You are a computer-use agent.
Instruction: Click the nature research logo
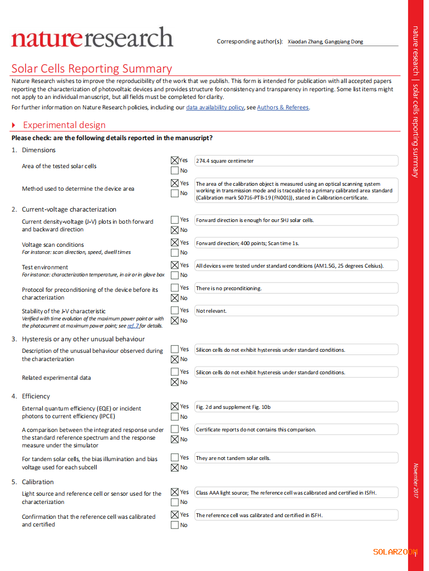(92, 38)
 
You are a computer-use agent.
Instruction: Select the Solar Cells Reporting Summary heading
(92, 69)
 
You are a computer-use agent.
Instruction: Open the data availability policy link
(215, 108)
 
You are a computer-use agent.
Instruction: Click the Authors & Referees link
(282, 108)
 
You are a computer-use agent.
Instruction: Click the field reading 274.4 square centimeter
(296, 161)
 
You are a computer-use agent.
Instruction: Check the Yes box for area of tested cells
(175, 160)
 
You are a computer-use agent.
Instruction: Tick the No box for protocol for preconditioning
(175, 298)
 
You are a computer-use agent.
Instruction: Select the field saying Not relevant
(296, 311)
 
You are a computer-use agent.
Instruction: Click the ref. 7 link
(133, 326)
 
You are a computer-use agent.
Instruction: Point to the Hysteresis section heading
(83, 339)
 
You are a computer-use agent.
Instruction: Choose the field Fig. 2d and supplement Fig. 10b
(296, 407)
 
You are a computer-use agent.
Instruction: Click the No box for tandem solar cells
(175, 468)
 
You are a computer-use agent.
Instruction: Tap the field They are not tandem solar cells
(296, 458)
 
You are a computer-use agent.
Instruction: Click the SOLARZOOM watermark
(395, 552)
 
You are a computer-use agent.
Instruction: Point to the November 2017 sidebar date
(416, 481)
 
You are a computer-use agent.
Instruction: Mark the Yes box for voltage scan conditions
(175, 242)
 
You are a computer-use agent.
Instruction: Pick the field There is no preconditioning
(296, 289)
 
